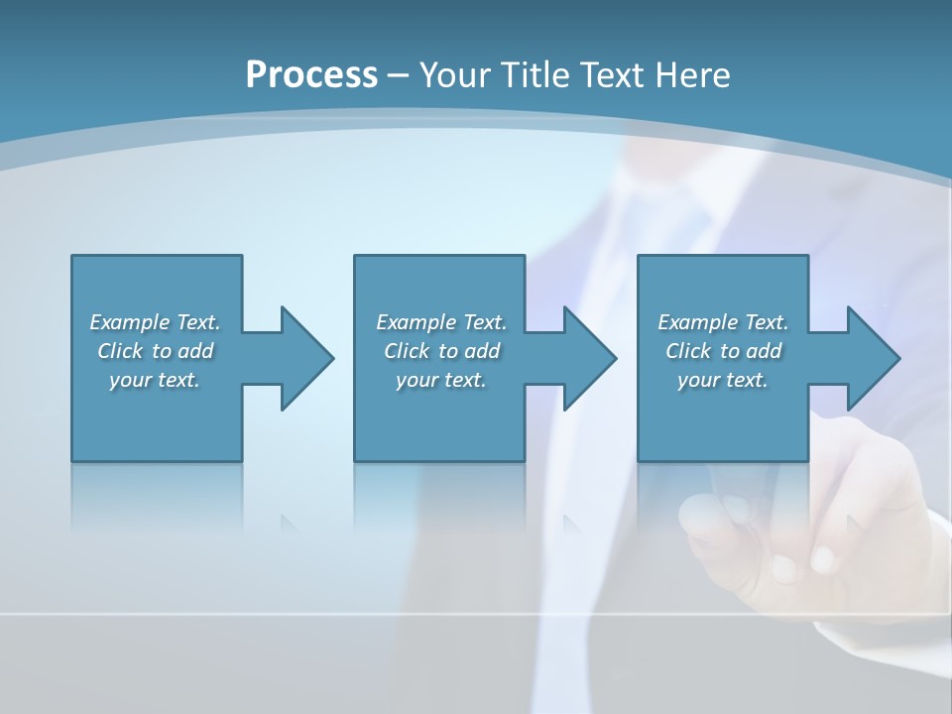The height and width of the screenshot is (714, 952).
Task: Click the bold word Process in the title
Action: (x=311, y=75)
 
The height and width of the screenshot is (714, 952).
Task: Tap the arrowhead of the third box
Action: (x=872, y=358)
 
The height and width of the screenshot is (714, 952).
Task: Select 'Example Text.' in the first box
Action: (x=155, y=322)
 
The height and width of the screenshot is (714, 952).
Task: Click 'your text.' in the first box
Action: (x=155, y=380)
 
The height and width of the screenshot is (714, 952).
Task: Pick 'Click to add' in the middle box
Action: (x=441, y=351)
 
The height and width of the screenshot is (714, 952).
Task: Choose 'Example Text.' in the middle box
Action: (x=441, y=322)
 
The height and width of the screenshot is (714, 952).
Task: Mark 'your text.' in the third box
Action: (x=723, y=380)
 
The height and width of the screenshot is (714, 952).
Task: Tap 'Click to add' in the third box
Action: (x=723, y=351)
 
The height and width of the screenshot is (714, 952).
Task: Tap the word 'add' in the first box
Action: (x=196, y=351)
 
